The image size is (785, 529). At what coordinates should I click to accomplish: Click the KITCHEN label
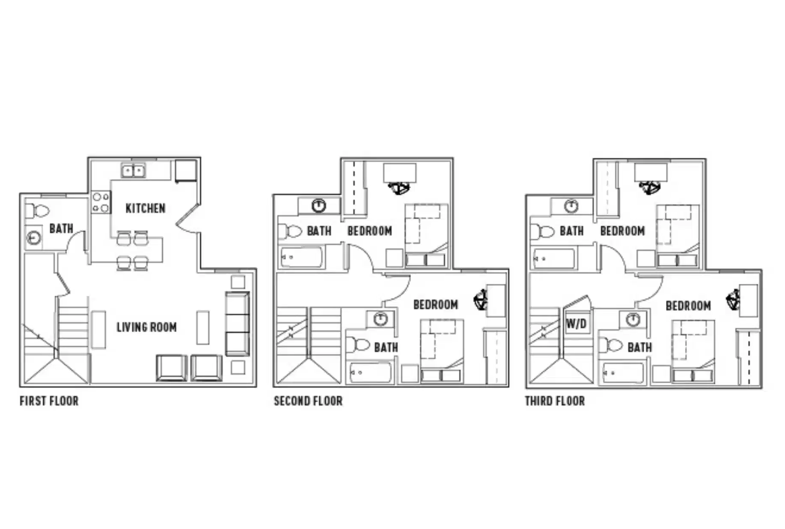tap(146, 208)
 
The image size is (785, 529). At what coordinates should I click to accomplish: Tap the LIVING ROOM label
tap(146, 327)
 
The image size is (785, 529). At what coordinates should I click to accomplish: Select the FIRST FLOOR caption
tap(49, 401)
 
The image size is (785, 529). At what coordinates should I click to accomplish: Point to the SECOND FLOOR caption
tap(308, 401)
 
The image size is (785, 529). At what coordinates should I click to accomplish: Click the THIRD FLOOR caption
tap(555, 401)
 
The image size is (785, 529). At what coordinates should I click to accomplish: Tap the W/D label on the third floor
tap(576, 323)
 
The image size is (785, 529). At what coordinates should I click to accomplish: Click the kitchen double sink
tap(133, 171)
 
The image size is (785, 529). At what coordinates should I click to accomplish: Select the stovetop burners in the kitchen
tap(101, 203)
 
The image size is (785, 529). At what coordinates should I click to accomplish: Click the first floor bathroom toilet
tap(38, 211)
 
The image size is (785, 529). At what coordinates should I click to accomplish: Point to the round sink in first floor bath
tap(34, 237)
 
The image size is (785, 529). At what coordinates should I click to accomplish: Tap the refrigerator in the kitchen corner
tap(186, 170)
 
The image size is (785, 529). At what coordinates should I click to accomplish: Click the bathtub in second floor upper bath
tap(301, 257)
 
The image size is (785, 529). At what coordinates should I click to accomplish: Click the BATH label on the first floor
tap(61, 228)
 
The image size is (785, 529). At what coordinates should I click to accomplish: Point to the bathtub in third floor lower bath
tap(623, 373)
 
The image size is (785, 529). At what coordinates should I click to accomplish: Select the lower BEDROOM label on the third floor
tap(688, 306)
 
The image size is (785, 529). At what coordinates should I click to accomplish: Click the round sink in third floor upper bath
tap(571, 207)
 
